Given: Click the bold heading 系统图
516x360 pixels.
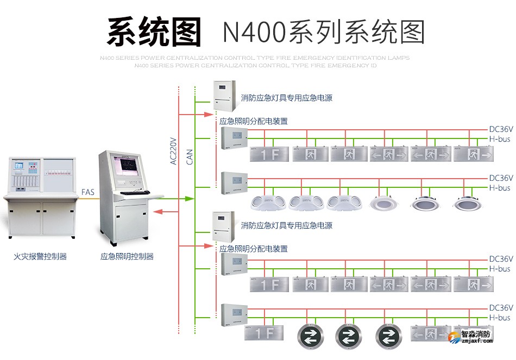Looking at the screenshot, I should coord(154,31).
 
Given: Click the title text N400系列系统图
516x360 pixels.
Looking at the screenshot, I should coord(323,32).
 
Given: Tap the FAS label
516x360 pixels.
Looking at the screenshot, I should coord(87,192).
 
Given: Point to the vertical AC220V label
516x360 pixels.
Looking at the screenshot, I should coord(173,150).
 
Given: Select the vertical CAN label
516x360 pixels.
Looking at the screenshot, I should coord(190,157).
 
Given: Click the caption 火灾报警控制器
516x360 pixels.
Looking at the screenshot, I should coord(40,256).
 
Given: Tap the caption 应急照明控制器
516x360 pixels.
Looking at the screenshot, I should coord(127,256).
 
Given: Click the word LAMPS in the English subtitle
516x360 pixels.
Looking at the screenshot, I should coord(399,58).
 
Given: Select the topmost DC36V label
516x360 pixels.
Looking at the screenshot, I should coord(500,130).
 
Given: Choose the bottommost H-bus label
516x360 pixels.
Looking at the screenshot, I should coord(500,318).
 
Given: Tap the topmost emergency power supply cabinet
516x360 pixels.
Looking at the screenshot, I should coord(224,93).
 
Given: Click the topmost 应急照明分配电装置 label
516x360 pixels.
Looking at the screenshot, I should coord(253,121).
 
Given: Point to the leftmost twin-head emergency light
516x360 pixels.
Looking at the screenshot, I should coord(268,203).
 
